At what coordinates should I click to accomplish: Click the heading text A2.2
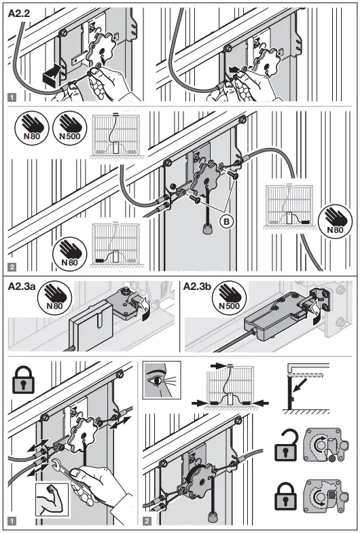pyautogui.click(x=21, y=12)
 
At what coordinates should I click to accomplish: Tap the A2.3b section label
pyautogui.click(x=202, y=286)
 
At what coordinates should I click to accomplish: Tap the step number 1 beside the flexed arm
pyautogui.click(x=12, y=523)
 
